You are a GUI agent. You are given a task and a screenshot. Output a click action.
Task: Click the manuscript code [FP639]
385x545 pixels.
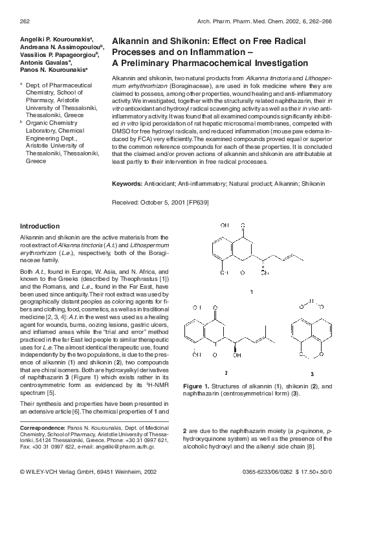198,203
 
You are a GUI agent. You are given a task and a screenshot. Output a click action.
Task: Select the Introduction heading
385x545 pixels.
40,226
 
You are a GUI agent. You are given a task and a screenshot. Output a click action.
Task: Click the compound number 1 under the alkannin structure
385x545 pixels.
251,292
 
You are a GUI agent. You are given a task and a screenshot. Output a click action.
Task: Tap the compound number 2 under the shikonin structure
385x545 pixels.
226,373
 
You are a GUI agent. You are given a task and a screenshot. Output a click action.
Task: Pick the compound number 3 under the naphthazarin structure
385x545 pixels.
312,373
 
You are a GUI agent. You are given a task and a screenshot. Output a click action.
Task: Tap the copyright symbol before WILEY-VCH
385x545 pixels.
23,472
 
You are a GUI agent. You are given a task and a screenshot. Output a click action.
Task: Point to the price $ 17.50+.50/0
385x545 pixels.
313,472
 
